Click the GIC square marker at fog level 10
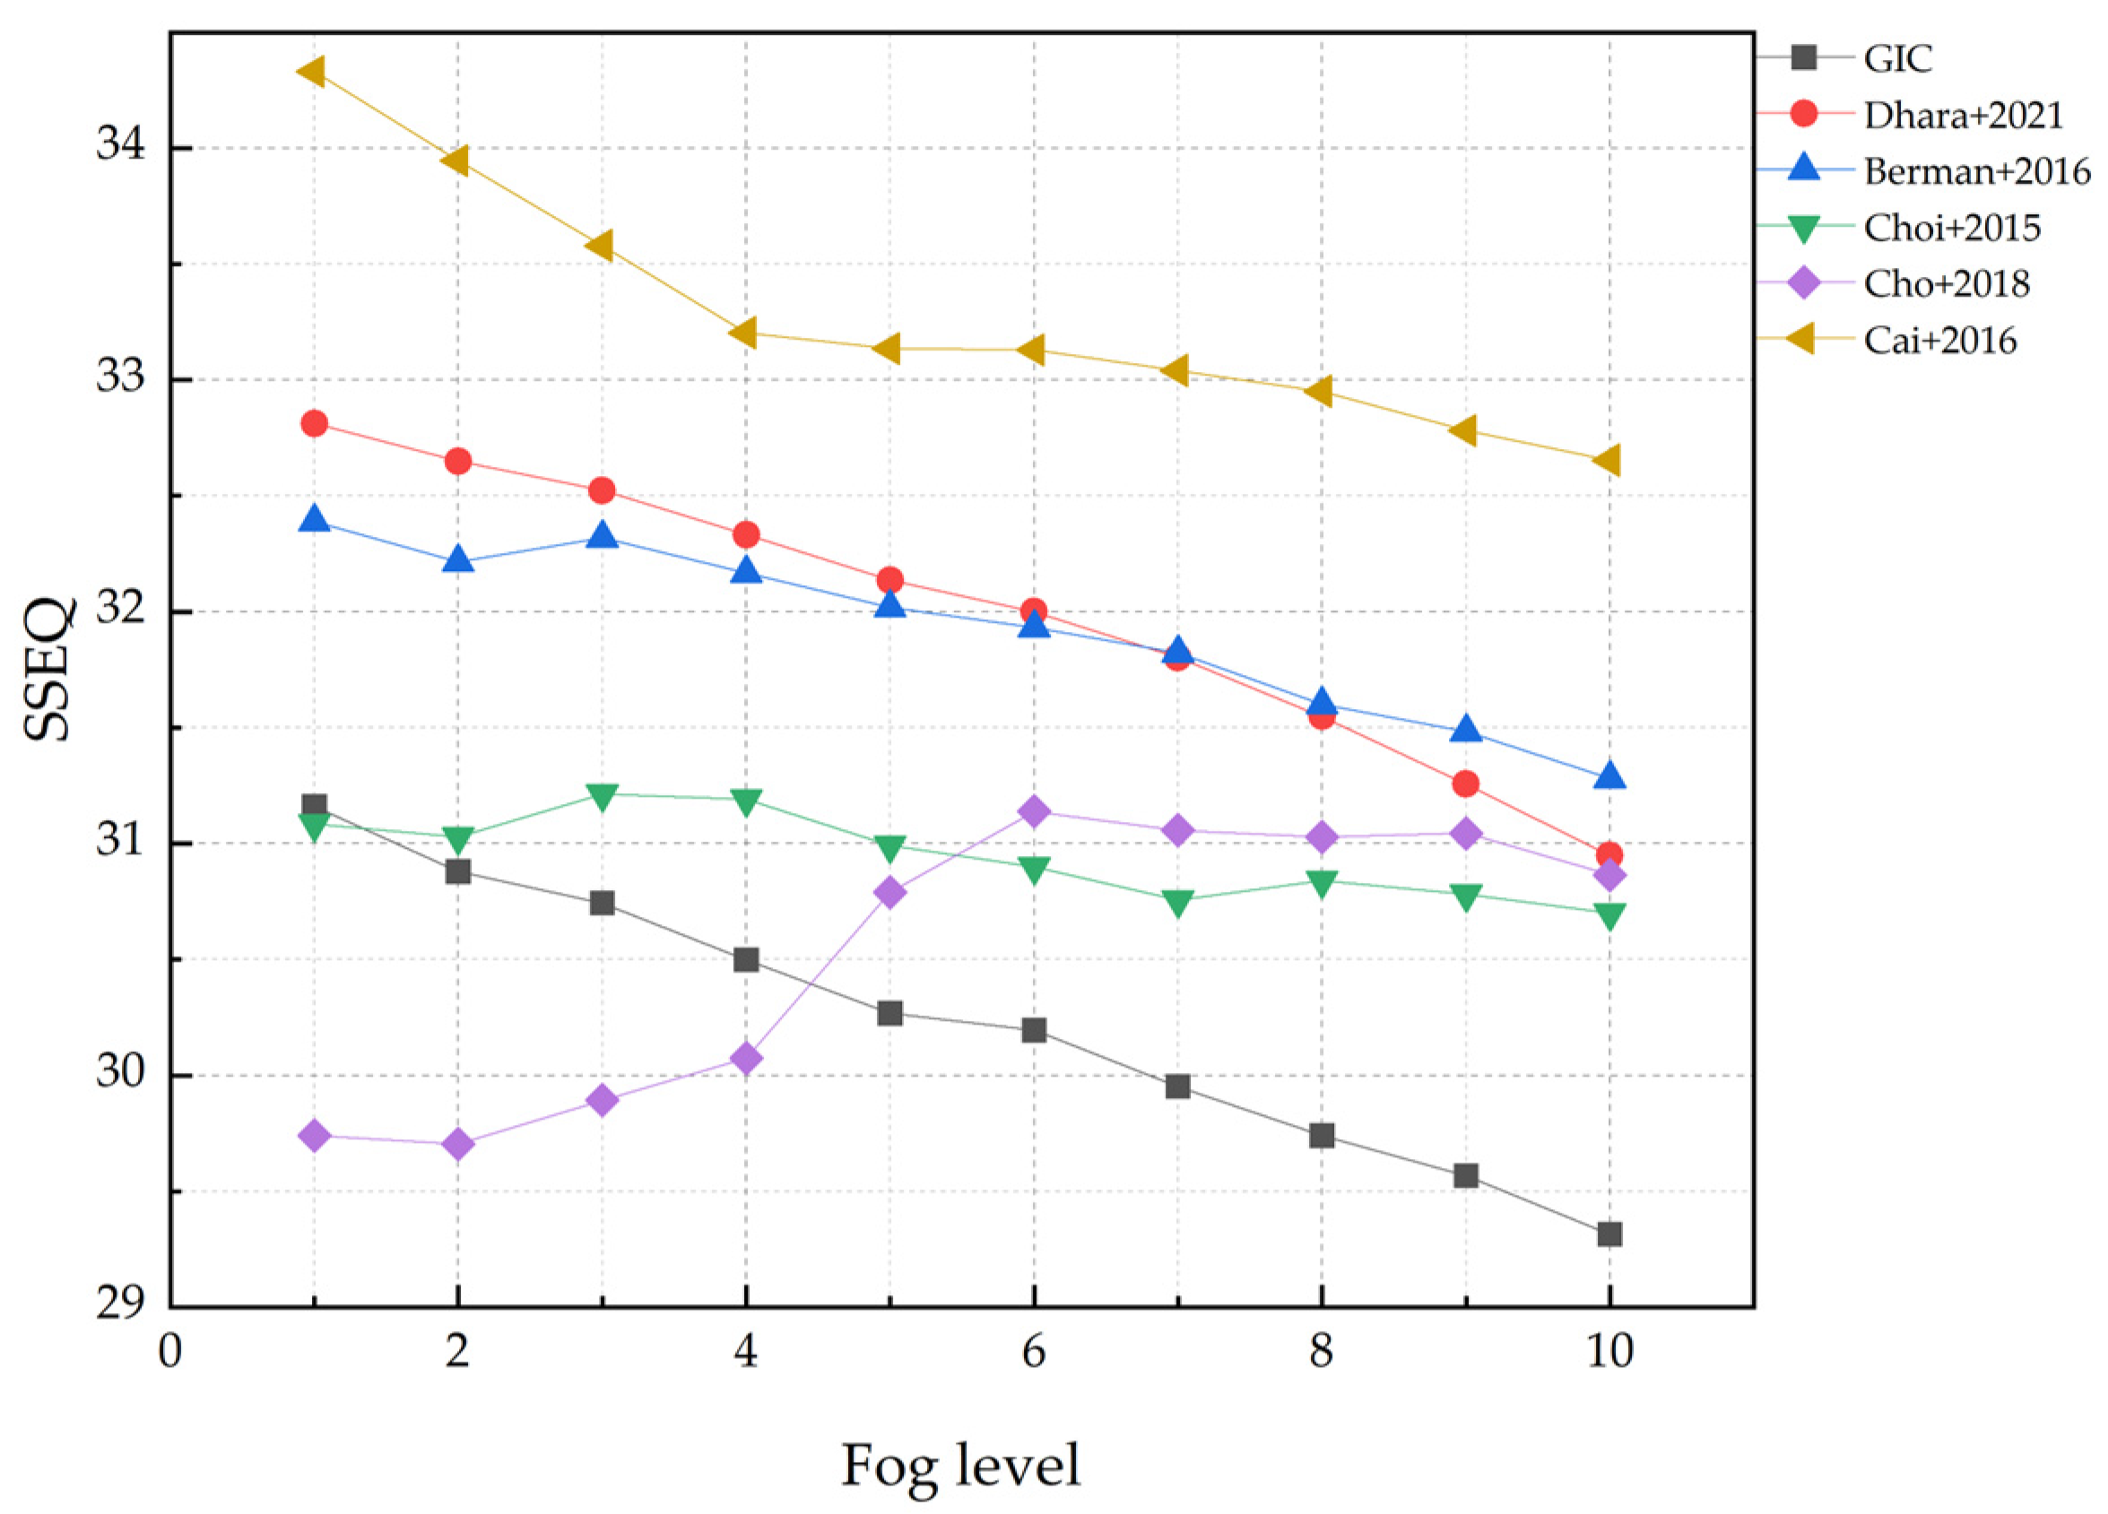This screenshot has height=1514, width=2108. point(1609,1234)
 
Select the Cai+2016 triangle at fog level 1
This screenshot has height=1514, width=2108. point(312,71)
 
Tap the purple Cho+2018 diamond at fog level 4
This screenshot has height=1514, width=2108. point(745,1058)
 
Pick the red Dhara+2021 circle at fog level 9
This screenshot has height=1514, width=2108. point(1466,783)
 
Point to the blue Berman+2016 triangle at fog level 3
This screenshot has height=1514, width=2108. point(603,535)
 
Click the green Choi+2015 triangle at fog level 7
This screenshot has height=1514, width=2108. point(1177,903)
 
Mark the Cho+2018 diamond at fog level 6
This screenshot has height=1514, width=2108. point(1034,811)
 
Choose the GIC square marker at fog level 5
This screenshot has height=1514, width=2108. point(889,1012)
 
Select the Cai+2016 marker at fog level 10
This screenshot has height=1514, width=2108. point(1608,460)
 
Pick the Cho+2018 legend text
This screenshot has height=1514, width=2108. point(1947,283)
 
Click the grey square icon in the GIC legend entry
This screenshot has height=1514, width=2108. point(1804,57)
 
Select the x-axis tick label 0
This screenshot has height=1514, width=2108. point(170,1352)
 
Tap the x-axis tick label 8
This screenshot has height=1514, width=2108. point(1321,1352)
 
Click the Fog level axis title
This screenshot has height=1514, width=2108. point(960,1466)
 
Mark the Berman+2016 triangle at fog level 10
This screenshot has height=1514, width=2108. point(1609,775)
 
